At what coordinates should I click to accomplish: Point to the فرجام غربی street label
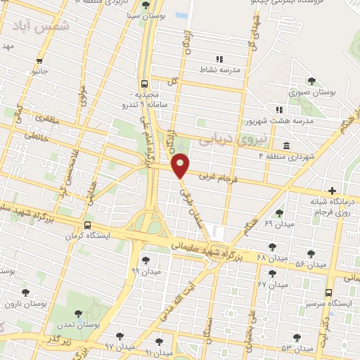pyautogui.click(x=218, y=179)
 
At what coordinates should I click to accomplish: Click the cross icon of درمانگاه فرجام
pyautogui.click(x=333, y=191)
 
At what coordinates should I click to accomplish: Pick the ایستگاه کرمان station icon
pyautogui.click(x=87, y=225)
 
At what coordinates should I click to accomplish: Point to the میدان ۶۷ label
pyautogui.click(x=273, y=285)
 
